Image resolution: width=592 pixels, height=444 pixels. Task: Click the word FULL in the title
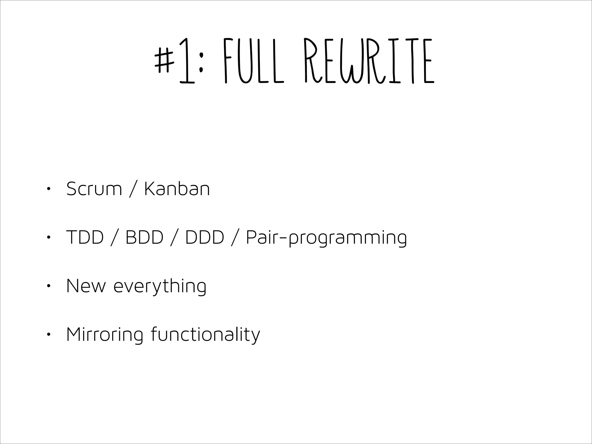pos(253,61)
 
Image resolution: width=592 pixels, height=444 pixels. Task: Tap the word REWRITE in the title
pos(369,61)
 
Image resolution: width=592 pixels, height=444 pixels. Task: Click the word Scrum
pos(94,189)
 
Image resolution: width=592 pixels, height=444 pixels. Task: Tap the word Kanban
pos(177,189)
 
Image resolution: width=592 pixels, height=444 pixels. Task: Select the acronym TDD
pos(85,238)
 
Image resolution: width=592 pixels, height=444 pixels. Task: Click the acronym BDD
pos(144,238)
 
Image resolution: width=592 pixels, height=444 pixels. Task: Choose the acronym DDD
pos(204,238)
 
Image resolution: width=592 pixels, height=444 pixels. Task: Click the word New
pos(86,286)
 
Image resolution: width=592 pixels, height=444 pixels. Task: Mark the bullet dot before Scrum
pos(48,189)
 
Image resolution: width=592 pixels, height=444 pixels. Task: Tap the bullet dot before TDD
pos(48,238)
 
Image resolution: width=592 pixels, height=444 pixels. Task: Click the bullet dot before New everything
pos(48,286)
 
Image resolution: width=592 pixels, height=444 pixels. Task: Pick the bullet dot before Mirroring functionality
pos(48,335)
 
